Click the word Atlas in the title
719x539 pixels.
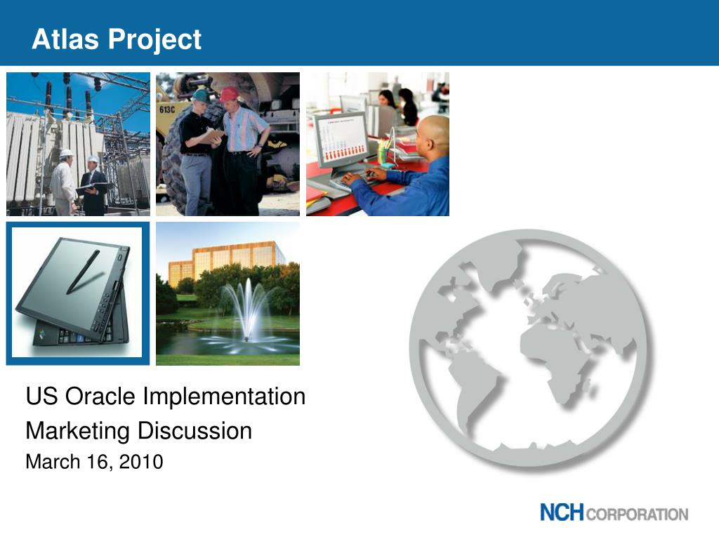[65, 39]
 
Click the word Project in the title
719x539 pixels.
[155, 40]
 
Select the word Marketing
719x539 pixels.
[77, 432]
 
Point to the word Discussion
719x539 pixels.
[195, 431]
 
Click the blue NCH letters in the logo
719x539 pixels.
[562, 512]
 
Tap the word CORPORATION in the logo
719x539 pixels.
[637, 514]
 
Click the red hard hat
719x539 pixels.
[229, 95]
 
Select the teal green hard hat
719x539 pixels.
[201, 95]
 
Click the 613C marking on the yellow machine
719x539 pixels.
[167, 109]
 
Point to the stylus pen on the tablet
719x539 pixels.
[83, 272]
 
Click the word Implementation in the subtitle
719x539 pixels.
[224, 397]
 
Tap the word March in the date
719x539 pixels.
[53, 462]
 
